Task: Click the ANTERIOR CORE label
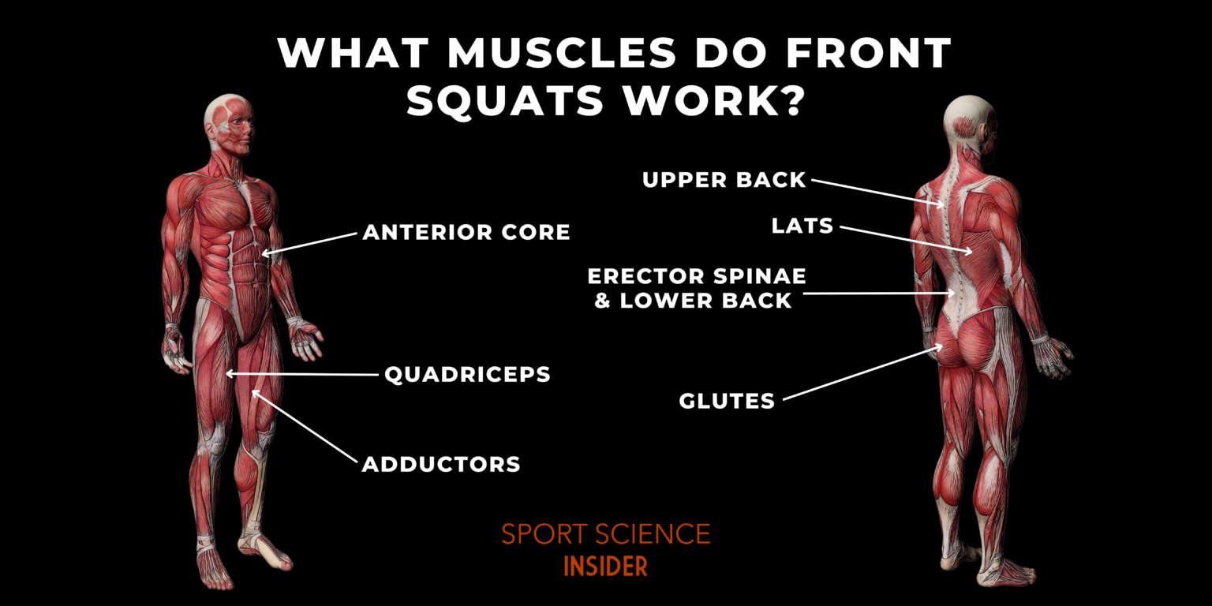pyautogui.click(x=466, y=232)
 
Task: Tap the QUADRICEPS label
pyautogui.click(x=467, y=374)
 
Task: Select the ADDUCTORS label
pyautogui.click(x=441, y=464)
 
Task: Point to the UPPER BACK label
pyautogui.click(x=724, y=180)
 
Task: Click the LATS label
pyautogui.click(x=802, y=226)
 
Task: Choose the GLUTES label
pyautogui.click(x=727, y=401)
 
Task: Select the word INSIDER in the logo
pyautogui.click(x=605, y=566)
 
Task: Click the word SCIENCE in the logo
pyautogui.click(x=653, y=534)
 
